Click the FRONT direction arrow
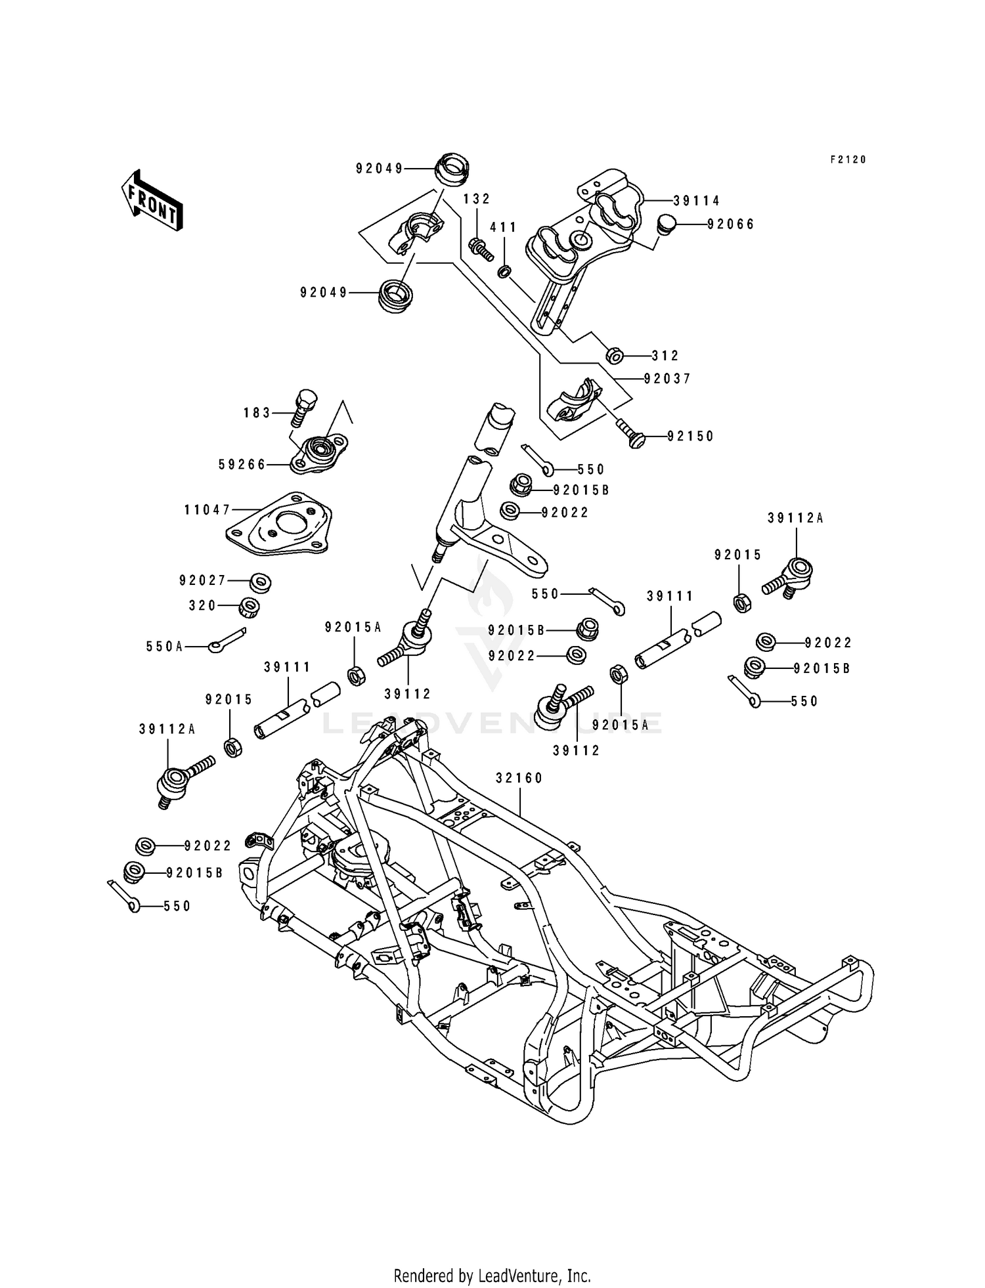151,201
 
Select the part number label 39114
697,202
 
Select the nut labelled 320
249,606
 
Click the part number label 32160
519,778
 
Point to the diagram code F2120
848,160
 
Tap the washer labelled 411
504,270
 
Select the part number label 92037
667,379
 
